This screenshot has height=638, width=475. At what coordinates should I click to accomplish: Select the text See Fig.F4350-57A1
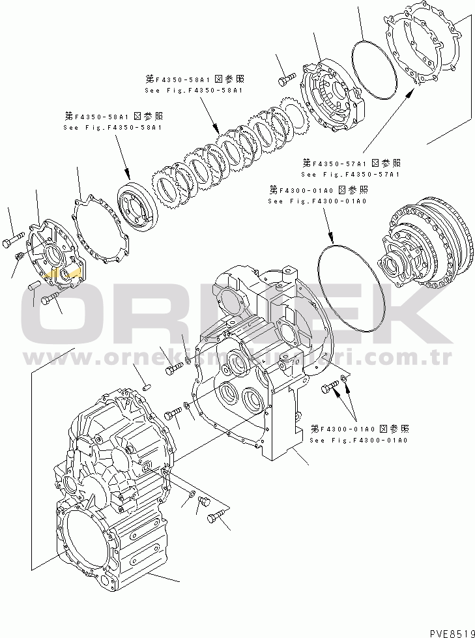[350, 175]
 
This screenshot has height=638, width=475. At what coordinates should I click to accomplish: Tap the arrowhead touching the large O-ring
[332, 240]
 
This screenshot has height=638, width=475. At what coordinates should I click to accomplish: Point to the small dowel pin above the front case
[146, 386]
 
